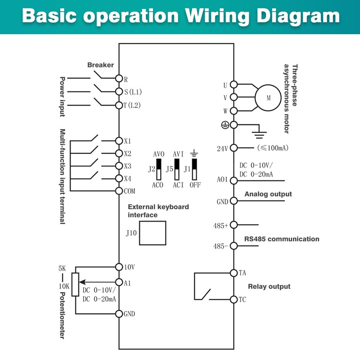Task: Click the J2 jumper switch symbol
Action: click(159, 170)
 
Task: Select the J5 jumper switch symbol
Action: click(177, 170)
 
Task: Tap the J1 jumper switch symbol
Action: click(194, 170)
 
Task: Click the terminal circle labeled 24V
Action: click(234, 148)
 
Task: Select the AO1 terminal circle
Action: click(234, 181)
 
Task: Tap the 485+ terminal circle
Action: click(234, 225)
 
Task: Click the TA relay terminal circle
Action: click(234, 273)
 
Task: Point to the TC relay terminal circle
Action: click(234, 300)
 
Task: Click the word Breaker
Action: click(100, 65)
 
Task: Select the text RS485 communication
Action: click(282, 239)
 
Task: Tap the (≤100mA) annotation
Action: click(273, 148)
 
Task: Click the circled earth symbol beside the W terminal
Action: click(225, 125)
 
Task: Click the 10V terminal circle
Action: click(119, 267)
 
